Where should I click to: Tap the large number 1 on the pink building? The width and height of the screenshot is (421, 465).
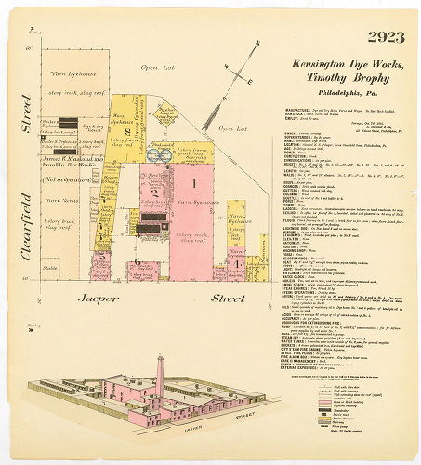(194, 184)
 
